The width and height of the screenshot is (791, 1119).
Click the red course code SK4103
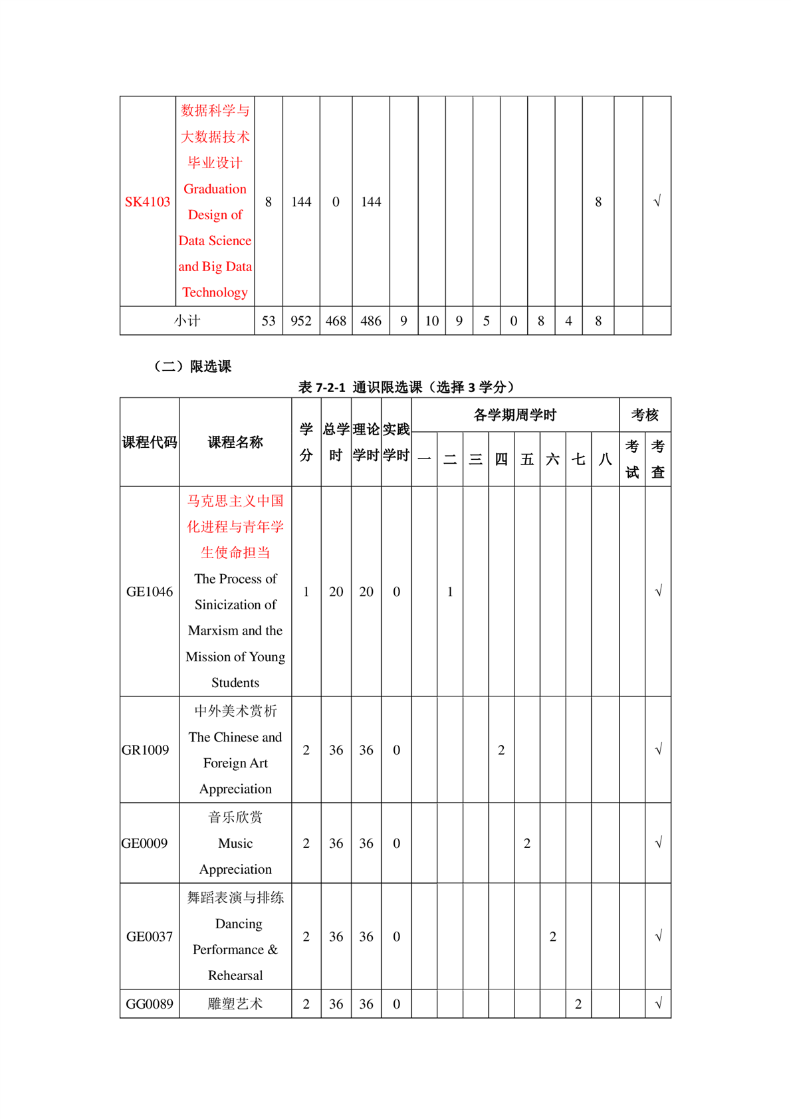[148, 202]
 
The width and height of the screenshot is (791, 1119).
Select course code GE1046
[150, 591]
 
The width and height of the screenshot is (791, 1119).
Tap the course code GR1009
[146, 750]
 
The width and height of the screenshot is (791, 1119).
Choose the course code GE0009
[145, 843]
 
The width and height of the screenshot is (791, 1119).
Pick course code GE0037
[150, 936]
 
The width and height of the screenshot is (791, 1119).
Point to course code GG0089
[150, 1004]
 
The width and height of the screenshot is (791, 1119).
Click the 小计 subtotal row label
[187, 321]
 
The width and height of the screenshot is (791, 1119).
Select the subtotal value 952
[301, 321]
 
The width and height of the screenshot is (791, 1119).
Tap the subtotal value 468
[336, 321]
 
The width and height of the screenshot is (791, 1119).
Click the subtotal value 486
[371, 321]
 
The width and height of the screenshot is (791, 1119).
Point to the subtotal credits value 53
[269, 321]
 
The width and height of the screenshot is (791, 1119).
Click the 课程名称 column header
[235, 442]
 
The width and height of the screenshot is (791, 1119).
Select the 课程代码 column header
[150, 442]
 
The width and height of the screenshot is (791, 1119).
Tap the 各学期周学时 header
[515, 415]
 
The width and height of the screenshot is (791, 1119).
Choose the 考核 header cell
[645, 415]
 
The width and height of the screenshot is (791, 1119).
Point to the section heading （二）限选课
[193, 366]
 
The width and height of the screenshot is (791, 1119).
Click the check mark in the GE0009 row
[658, 843]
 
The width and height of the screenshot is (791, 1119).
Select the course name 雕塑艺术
[235, 1004]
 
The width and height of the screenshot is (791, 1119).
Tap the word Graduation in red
[215, 189]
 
